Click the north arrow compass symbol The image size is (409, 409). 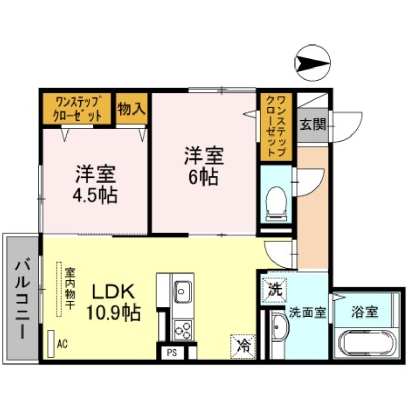313,63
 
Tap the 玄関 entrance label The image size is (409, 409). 312,124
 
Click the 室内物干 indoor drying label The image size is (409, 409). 70,289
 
